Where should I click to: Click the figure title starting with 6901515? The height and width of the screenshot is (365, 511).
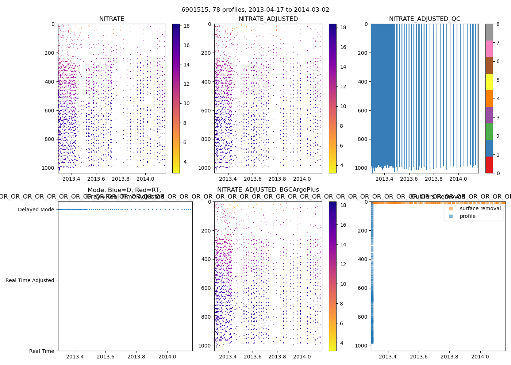(255, 10)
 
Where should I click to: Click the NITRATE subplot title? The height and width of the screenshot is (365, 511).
(112, 19)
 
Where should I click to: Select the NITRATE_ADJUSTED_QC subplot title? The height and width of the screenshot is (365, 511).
(424, 19)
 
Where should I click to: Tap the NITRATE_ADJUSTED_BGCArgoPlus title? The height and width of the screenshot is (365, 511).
(268, 190)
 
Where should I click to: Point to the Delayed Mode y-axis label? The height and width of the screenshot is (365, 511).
(36, 210)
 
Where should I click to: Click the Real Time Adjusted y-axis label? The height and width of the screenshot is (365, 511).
(30, 280)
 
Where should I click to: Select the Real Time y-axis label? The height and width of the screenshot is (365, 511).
(42, 351)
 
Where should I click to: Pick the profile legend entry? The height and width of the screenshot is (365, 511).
(468, 216)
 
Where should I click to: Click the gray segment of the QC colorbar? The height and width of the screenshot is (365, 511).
(489, 32)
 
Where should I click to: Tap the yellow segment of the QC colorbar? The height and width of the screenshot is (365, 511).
(489, 82)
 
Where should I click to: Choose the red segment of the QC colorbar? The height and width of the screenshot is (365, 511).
(489, 165)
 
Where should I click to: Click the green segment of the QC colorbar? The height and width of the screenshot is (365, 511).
(489, 132)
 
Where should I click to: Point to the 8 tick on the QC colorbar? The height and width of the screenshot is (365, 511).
(498, 24)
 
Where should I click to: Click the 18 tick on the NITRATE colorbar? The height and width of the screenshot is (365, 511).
(187, 26)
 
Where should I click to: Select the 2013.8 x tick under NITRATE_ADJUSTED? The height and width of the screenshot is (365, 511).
(277, 179)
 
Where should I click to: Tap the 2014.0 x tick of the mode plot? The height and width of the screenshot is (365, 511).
(167, 357)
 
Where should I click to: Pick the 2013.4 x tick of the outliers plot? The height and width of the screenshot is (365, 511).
(388, 357)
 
